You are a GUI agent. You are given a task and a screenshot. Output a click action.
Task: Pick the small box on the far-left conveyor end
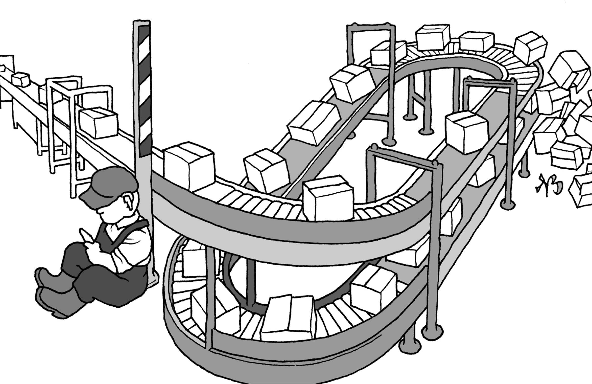point(21,79)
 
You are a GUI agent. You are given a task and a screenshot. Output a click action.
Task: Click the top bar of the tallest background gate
point(370,26)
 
